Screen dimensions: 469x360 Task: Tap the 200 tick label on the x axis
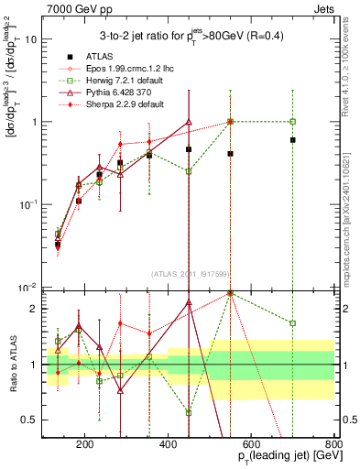coord(85,444)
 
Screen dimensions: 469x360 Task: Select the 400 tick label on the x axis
coord(169,444)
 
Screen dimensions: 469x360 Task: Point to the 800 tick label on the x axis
coord(332,444)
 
